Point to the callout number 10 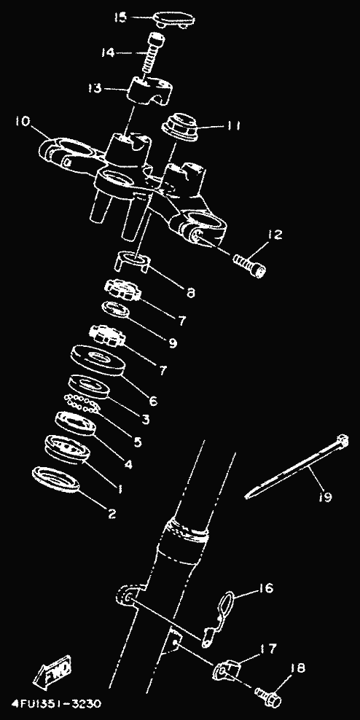click(x=23, y=122)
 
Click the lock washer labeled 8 click(x=132, y=262)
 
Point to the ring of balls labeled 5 click(x=82, y=403)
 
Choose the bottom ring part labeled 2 click(x=55, y=479)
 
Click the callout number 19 click(x=324, y=496)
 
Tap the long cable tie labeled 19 click(x=296, y=466)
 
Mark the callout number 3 click(x=145, y=418)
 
